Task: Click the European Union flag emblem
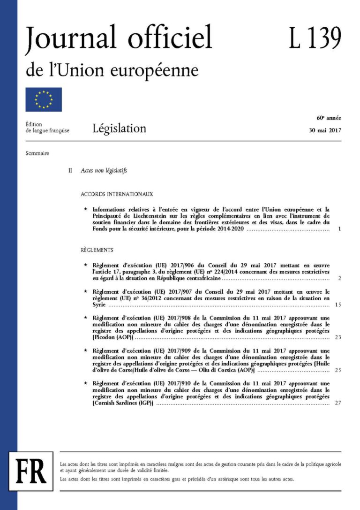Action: coord(44,99)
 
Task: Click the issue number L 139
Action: coord(315,38)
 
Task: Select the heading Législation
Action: coord(119,128)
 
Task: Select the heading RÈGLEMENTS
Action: coord(97,250)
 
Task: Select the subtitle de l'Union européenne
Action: coord(112,71)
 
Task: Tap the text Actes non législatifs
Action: coord(104,171)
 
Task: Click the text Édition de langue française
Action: coord(47,127)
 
